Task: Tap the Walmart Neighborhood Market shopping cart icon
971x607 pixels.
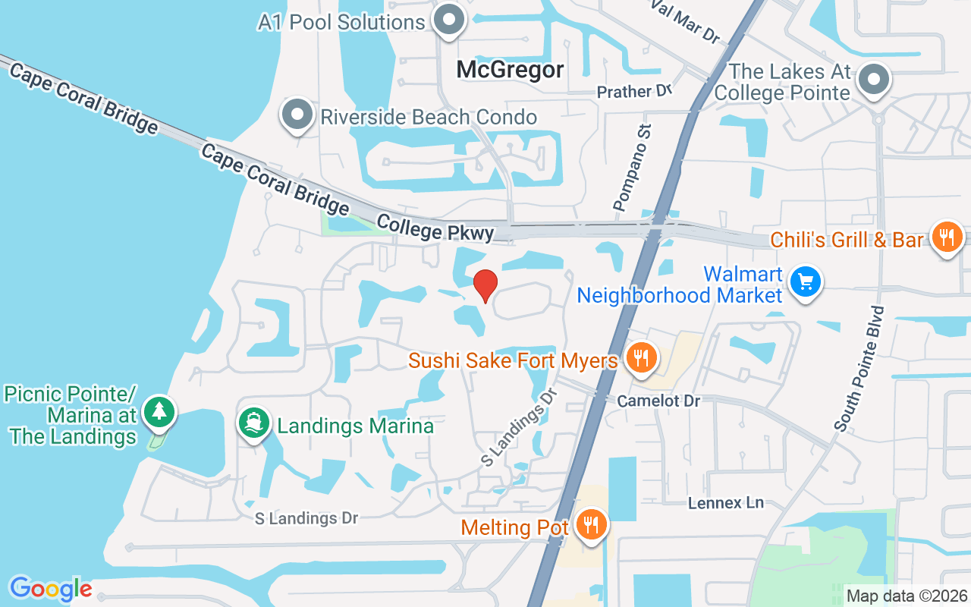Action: pos(805,282)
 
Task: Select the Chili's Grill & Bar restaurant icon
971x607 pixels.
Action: pos(946,239)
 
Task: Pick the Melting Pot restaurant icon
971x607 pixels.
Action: pos(589,525)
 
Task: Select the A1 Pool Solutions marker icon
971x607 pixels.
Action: pos(448,20)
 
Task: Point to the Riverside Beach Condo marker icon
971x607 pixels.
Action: pos(297,115)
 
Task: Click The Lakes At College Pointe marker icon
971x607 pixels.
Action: pos(875,80)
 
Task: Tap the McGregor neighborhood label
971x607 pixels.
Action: pos(510,71)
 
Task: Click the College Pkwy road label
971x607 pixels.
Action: pos(435,228)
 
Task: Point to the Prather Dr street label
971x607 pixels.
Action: pos(635,92)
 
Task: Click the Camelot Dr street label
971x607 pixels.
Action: pos(658,401)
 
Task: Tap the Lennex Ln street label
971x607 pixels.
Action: pos(725,503)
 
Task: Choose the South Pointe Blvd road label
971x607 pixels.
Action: pos(859,369)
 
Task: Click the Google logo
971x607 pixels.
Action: pos(51,589)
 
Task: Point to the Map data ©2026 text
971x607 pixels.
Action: pos(906,596)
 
